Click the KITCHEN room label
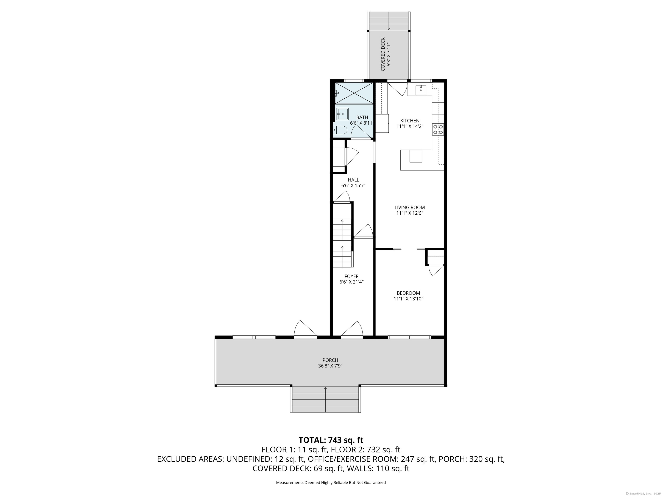tap(410, 121)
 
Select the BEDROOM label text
tap(408, 293)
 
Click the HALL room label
tap(353, 180)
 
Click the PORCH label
tap(330, 360)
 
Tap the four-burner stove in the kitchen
tap(438, 129)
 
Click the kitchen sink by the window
tap(421, 90)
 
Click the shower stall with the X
tap(354, 93)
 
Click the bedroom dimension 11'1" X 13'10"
tap(408, 299)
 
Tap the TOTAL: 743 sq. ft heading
tap(331, 440)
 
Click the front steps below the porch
tap(325, 399)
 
